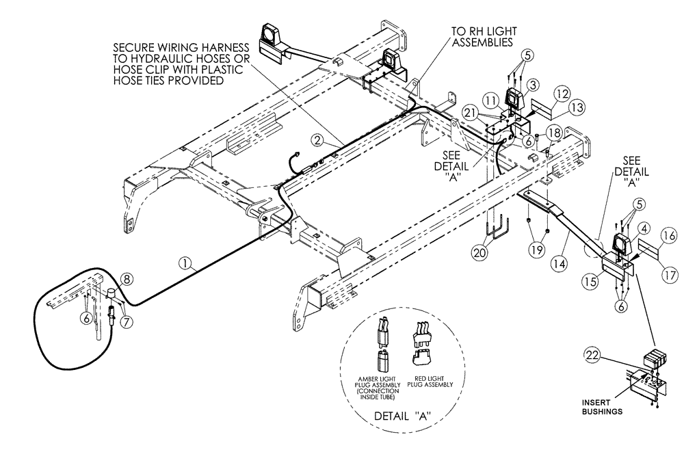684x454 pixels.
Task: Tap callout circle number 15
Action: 590,280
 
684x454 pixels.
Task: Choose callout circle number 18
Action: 553,132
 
